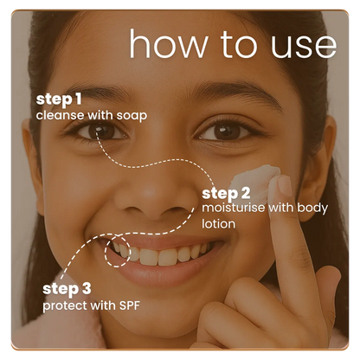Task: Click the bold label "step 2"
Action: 226,192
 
